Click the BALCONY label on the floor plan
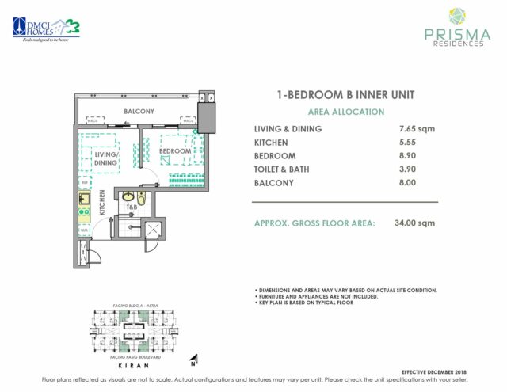point(139,112)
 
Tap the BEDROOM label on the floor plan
point(175,150)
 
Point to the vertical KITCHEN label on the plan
point(102,203)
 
